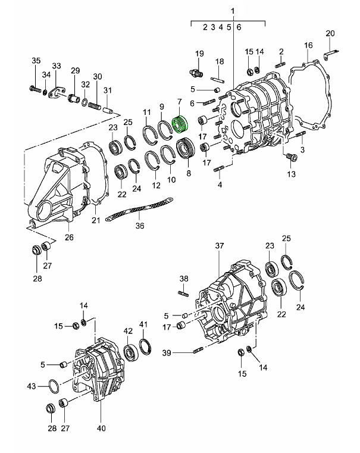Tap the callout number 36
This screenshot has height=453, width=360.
click(x=140, y=226)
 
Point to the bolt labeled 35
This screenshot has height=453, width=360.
click(x=34, y=90)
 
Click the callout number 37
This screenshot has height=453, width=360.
click(x=220, y=246)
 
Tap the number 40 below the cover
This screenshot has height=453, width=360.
click(x=101, y=427)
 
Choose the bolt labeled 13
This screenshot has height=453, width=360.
click(x=291, y=158)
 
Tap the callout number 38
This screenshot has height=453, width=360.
click(x=184, y=279)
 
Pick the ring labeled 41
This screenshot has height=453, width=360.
click(x=145, y=346)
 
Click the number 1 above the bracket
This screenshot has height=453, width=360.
click(x=233, y=11)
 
